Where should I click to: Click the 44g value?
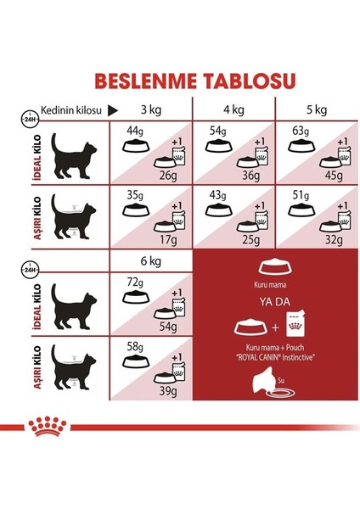(133, 131)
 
